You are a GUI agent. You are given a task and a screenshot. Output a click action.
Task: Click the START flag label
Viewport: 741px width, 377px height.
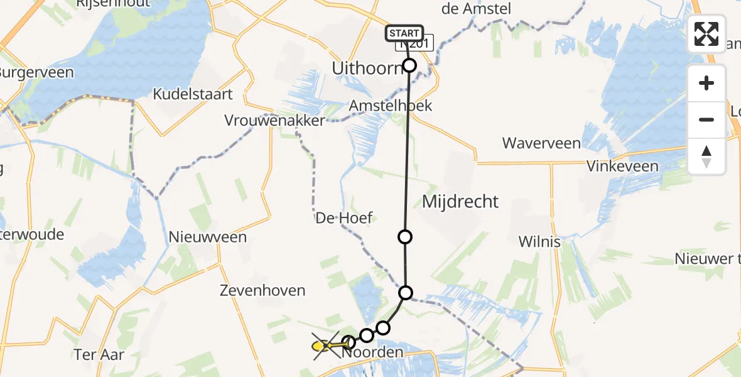[x=405, y=33]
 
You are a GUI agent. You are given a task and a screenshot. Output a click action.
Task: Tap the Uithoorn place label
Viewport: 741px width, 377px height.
[x=367, y=68]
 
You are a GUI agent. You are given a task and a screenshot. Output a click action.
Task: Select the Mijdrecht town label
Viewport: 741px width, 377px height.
[x=460, y=202]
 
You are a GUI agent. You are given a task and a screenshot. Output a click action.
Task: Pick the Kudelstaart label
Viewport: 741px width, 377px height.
[x=193, y=94]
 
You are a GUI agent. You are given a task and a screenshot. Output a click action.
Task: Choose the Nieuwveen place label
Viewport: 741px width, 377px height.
[x=208, y=237]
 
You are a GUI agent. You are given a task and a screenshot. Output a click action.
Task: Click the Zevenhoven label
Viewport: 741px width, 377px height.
[x=262, y=290]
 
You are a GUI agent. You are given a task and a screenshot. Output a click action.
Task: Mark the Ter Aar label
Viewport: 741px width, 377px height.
[x=99, y=354]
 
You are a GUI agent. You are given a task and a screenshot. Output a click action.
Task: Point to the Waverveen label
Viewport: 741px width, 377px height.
[x=541, y=143]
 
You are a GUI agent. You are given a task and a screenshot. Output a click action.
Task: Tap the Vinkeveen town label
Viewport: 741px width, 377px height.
[x=622, y=167]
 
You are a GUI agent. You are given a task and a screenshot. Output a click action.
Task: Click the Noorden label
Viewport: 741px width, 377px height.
[x=374, y=353]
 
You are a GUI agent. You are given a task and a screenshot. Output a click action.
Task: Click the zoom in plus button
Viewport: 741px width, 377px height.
[x=706, y=83]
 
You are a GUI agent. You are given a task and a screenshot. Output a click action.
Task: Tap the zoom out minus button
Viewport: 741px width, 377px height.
[x=706, y=119]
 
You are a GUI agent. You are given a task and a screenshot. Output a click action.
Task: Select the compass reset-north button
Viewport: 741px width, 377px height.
[x=706, y=156]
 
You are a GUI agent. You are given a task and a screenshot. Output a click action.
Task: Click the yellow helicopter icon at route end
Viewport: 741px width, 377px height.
[x=322, y=345]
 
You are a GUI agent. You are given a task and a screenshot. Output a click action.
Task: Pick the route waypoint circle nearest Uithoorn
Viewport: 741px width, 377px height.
[x=409, y=65]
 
